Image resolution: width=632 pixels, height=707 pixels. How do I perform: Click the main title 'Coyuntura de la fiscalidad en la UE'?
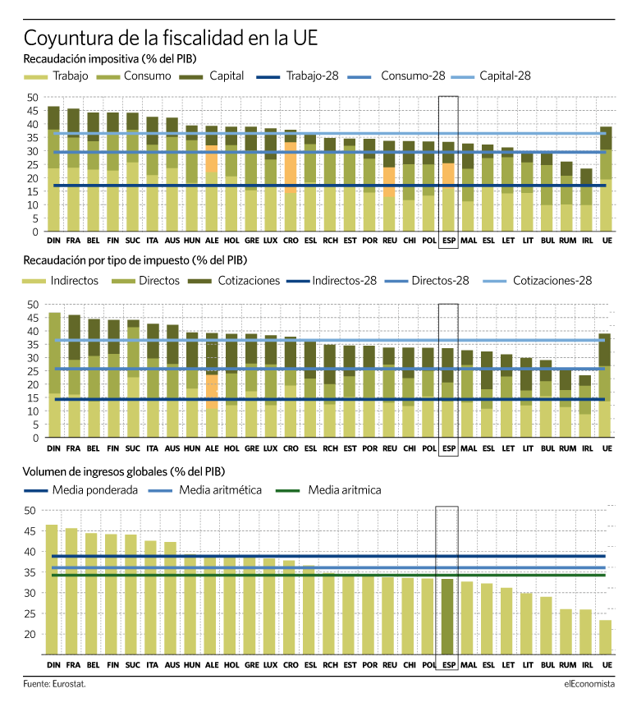point(171,38)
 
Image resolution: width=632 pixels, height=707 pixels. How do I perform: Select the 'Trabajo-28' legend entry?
point(297,76)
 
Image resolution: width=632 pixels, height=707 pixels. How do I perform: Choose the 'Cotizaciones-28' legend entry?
point(537,281)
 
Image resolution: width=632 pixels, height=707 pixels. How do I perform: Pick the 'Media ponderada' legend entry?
point(80,490)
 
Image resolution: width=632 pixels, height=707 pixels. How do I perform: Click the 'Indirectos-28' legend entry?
point(332,281)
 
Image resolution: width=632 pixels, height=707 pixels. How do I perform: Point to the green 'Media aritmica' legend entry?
point(328,490)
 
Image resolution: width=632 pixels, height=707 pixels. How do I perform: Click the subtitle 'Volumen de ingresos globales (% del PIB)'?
point(124,471)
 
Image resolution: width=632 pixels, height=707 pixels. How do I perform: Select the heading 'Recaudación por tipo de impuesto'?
point(107,260)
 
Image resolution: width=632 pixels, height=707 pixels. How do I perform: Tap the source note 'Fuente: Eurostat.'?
point(54,684)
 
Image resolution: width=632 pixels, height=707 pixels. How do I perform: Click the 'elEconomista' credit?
point(589,684)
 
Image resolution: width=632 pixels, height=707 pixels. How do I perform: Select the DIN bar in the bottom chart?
point(52,590)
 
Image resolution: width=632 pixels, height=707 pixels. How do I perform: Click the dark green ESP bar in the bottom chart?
point(447,617)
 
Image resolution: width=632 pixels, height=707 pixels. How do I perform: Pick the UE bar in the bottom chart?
point(606,637)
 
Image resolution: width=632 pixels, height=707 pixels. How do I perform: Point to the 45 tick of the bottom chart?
point(30,531)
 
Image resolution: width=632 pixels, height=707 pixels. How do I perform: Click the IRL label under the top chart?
point(588,241)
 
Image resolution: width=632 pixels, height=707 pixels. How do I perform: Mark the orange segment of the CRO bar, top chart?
point(291,168)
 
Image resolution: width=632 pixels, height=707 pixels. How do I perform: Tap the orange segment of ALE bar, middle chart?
point(212,392)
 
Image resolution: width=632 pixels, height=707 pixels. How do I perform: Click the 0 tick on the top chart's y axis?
point(35,232)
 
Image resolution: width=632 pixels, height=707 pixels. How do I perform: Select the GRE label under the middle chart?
point(251,448)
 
